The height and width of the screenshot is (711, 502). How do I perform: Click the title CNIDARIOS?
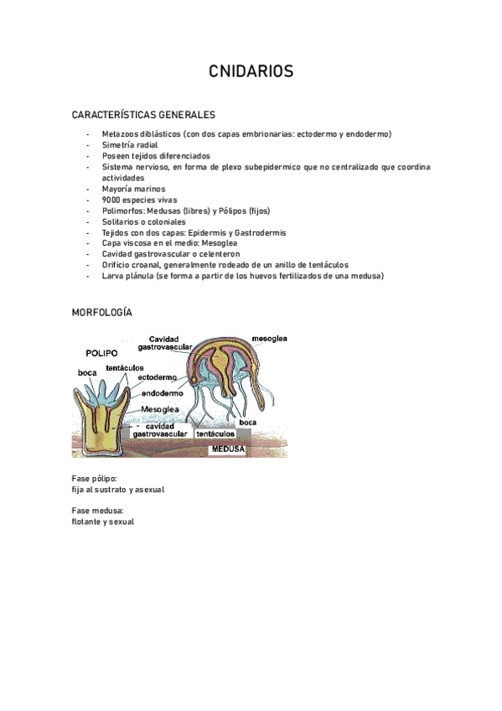(251, 73)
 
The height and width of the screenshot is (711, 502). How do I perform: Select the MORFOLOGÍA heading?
(102, 312)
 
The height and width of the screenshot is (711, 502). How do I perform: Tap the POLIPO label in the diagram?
(101, 353)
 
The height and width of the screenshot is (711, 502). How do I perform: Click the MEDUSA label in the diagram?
(227, 449)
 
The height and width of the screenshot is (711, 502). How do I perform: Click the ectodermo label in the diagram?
(157, 377)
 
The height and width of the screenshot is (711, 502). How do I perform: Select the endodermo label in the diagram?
(163, 392)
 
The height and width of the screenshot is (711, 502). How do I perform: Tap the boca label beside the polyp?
(87, 371)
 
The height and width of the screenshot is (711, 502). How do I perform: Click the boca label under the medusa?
(247, 423)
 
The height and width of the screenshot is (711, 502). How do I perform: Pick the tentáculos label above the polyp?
(126, 367)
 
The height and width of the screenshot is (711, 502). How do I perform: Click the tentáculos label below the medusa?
(215, 434)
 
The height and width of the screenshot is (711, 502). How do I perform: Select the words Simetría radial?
(132, 145)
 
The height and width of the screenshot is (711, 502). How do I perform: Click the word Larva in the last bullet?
(112, 276)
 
